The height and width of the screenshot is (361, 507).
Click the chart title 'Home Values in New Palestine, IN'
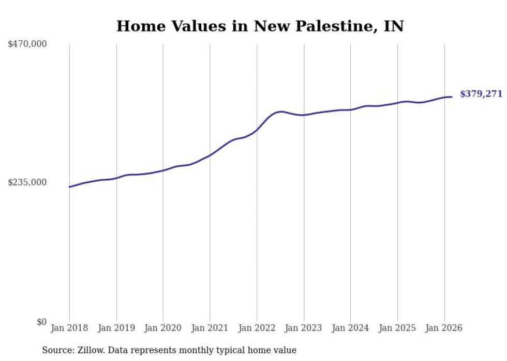pos(260,26)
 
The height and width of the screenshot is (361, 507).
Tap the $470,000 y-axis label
pos(27,44)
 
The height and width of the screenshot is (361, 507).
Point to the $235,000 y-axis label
pos(27,182)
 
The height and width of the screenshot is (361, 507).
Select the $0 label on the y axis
pos(41,322)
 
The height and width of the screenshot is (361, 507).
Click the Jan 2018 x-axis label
pos(69,328)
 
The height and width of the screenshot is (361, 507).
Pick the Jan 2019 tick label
pos(116,328)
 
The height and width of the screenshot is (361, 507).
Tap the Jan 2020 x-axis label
pos(163,328)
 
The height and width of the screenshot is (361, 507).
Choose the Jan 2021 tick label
pos(210,328)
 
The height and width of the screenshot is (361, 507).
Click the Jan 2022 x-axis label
pos(257,328)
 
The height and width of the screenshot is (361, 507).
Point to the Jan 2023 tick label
pos(304,328)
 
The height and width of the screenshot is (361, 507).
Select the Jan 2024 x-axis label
pos(350,328)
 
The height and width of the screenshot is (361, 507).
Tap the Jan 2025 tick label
pos(397,328)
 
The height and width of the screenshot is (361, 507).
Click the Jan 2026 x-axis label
pos(444,328)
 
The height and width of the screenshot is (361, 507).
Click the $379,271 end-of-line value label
pos(481,94)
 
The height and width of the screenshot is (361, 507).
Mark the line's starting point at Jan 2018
pos(69,187)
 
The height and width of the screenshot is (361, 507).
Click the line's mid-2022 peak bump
pos(280,111)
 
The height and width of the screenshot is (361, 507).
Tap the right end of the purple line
pos(452,97)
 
